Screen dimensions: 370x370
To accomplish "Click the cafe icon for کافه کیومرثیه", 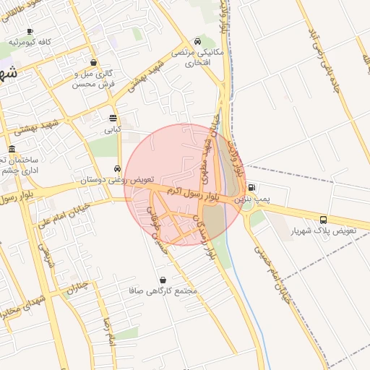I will click(x=30, y=32).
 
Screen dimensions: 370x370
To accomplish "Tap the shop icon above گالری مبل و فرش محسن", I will click(x=94, y=63).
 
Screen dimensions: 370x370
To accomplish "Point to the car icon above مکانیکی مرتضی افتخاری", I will click(x=197, y=41).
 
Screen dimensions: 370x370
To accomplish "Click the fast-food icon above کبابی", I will click(x=113, y=118).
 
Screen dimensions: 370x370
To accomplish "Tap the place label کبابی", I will click(x=113, y=130).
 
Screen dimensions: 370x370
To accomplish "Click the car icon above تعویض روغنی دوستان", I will click(x=116, y=168).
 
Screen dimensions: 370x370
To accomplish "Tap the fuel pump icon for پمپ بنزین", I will click(x=251, y=187).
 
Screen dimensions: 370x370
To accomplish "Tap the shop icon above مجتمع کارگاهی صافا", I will click(x=162, y=280).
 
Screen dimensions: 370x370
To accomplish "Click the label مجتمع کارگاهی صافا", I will click(x=170, y=291).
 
